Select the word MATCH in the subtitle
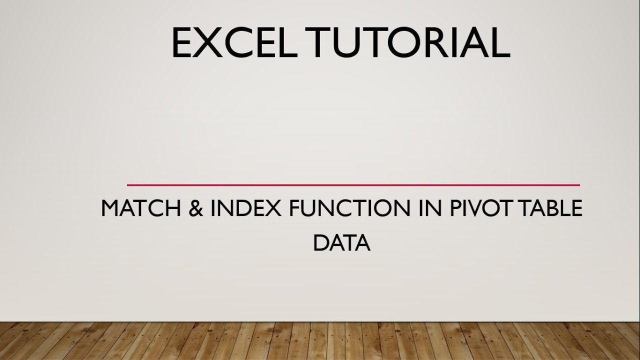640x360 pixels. [138, 208]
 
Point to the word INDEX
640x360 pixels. [245, 208]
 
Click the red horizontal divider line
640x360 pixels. [353, 185]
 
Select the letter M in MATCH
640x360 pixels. [111, 208]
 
